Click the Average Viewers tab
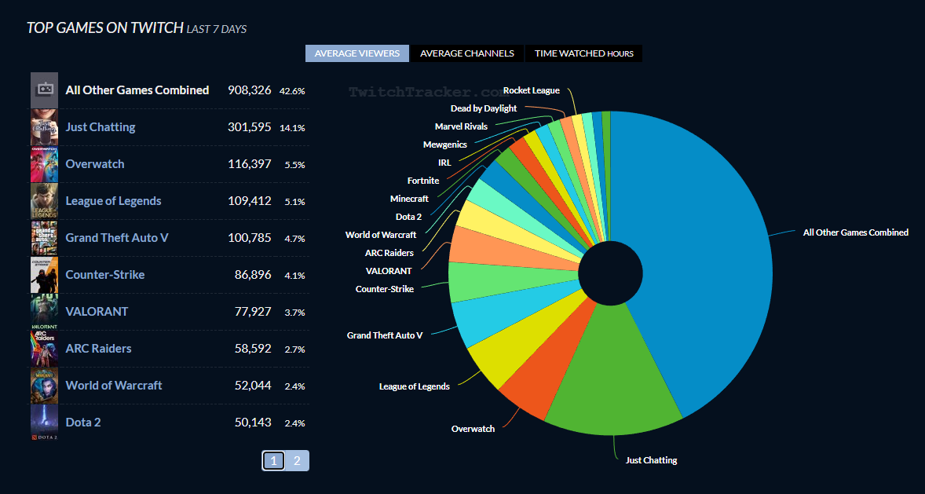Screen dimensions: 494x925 357,53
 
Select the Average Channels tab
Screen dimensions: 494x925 466,53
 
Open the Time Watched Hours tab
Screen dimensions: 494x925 583,53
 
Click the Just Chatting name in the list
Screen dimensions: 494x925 101,127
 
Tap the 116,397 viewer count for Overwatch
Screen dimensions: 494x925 249,164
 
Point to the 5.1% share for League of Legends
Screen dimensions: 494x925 294,202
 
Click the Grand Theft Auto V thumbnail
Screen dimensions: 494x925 44,238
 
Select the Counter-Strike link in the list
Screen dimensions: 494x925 105,275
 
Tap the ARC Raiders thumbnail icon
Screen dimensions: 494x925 44,349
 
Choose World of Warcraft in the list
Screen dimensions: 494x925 114,386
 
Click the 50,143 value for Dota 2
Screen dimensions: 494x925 253,423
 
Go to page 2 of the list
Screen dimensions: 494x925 297,461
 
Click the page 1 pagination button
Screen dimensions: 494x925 273,461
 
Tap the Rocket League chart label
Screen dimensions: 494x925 532,90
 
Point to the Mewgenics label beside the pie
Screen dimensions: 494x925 444,145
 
